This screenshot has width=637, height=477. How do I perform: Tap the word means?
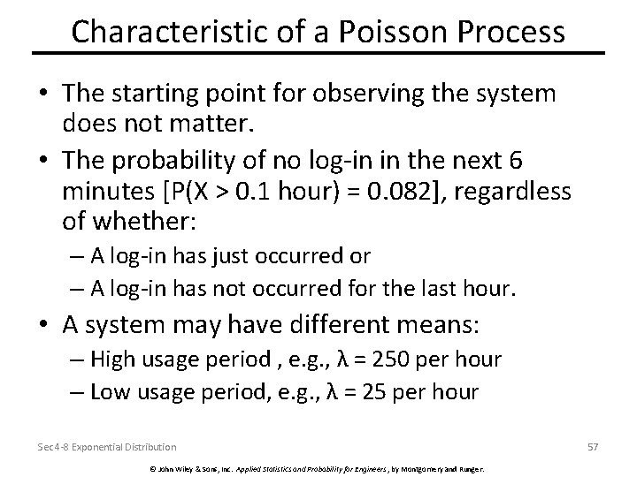tap(431, 326)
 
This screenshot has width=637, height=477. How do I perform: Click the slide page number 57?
tap(592, 447)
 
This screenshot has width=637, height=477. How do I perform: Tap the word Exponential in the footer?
tap(95, 447)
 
